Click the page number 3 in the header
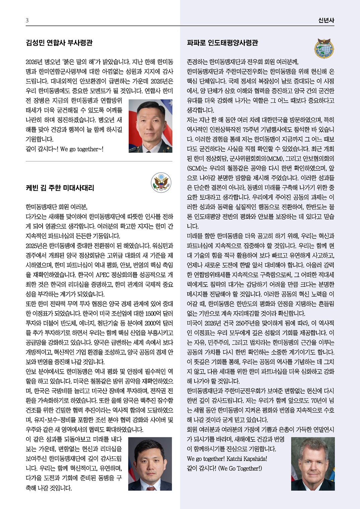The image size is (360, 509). click(27, 20)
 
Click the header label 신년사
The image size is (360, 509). click(326, 20)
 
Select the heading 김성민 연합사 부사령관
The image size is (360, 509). click(59, 43)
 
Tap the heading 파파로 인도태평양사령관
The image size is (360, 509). click(223, 43)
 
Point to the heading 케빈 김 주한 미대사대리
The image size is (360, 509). click(60, 188)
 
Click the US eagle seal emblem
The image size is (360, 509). click(161, 182)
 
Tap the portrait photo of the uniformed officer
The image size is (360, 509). click(150, 126)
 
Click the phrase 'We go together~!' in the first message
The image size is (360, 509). click(82, 149)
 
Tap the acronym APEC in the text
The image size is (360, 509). click(105, 275)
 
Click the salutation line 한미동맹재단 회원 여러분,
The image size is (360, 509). click(57, 207)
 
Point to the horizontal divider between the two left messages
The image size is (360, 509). click(99, 162)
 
